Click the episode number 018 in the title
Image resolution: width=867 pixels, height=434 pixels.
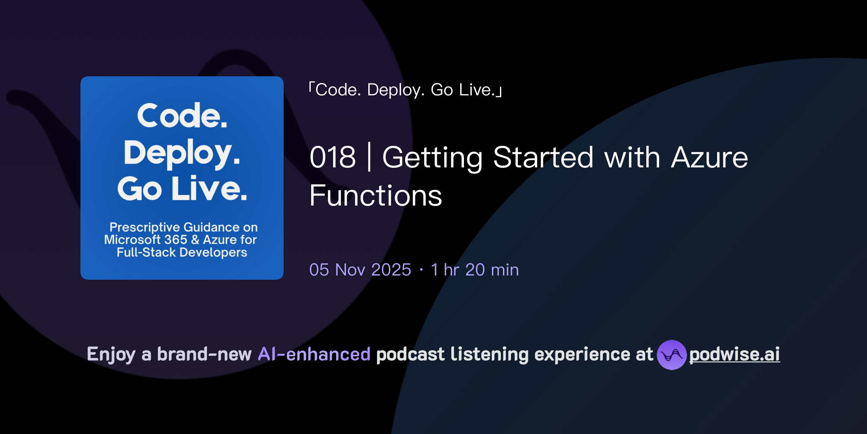(333, 158)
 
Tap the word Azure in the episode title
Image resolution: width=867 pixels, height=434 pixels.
(710, 158)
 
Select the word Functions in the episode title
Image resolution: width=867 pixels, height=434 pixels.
(376, 196)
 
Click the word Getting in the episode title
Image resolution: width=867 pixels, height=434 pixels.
(432, 158)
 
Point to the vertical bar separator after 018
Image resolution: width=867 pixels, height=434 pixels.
(369, 157)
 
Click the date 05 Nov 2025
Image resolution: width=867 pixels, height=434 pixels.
(360, 270)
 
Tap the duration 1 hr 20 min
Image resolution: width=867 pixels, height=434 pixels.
(475, 270)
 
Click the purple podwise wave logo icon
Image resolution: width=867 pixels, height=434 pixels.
(671, 355)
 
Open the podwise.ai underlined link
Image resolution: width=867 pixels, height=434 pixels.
(734, 354)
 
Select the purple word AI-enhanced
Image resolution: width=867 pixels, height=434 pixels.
(314, 354)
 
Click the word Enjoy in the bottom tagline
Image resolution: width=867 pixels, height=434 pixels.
(111, 354)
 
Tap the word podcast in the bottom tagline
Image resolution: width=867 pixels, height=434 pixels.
(410, 354)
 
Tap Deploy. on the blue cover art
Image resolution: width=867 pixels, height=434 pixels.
(182, 153)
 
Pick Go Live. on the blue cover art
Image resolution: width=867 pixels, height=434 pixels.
(182, 189)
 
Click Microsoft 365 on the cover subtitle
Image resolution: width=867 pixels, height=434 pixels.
(146, 240)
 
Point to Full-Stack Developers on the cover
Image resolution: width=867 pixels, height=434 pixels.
(182, 253)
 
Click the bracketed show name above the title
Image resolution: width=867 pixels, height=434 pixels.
(405, 90)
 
